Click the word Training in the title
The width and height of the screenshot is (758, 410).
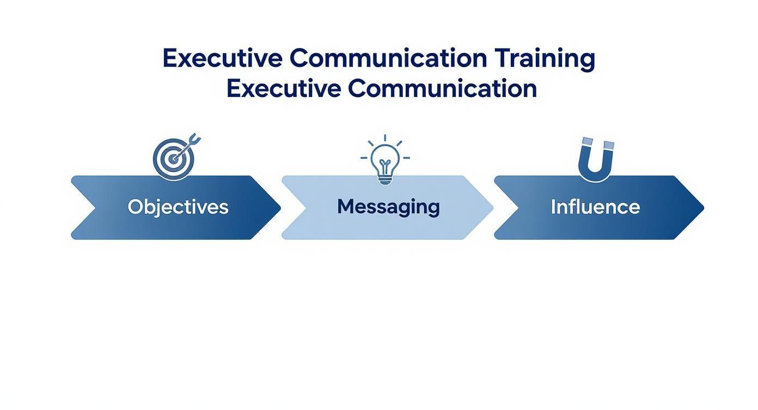(x=545, y=58)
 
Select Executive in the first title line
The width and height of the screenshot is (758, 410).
(x=223, y=58)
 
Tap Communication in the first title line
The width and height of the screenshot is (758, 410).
(x=388, y=58)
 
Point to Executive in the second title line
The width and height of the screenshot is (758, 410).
(x=284, y=88)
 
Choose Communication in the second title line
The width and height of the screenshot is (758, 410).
(x=442, y=88)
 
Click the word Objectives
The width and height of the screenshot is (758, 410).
(x=178, y=207)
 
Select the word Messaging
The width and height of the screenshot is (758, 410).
(x=388, y=207)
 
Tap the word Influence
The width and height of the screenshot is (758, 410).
(x=595, y=207)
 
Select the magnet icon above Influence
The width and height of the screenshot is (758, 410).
(x=596, y=159)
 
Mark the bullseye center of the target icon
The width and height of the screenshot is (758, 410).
(x=172, y=159)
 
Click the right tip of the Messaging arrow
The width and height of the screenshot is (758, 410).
(x=492, y=207)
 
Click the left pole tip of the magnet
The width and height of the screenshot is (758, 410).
(x=586, y=142)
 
